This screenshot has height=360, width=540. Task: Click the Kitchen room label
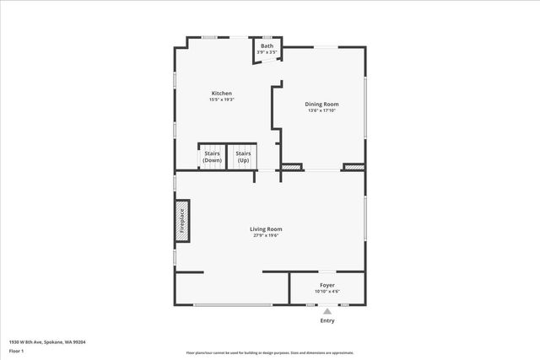tap(221, 93)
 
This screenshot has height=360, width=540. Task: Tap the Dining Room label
tap(321, 104)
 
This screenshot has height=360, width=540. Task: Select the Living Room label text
tap(266, 228)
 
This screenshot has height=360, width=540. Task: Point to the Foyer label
tap(327, 285)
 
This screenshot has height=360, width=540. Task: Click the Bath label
tap(267, 46)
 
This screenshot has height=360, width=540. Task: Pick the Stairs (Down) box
tap(211, 157)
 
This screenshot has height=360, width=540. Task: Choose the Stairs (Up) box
tap(244, 157)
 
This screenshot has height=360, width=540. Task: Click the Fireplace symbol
tap(181, 219)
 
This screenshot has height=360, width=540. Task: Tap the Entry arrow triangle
tap(327, 311)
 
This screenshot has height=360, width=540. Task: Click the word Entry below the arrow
tap(327, 321)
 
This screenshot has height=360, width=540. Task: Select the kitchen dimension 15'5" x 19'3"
tap(221, 99)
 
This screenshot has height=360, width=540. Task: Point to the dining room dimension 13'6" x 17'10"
tap(321, 110)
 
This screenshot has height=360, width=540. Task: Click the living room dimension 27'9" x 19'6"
tap(266, 235)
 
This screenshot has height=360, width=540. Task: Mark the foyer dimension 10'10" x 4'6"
tap(327, 292)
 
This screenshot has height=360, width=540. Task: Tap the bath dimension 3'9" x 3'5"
tap(267, 52)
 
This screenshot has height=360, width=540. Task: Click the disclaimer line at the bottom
tap(270, 353)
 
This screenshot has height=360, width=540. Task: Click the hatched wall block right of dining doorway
tap(354, 168)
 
